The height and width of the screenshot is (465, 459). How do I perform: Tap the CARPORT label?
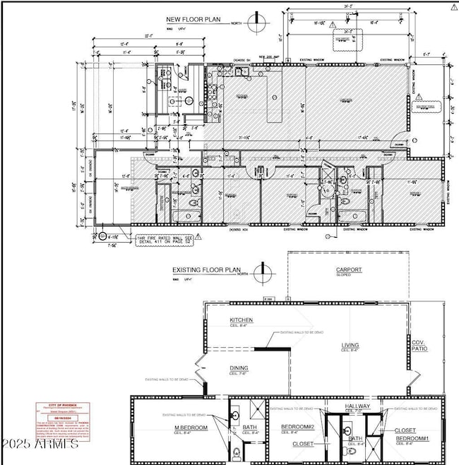(x=348, y=270)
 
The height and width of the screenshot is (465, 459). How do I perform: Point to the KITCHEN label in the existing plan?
(x=241, y=320)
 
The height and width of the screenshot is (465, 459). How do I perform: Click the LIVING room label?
(x=350, y=346)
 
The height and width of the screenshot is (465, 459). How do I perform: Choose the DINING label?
(x=239, y=368)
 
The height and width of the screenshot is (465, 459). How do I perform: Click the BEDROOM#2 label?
(x=297, y=428)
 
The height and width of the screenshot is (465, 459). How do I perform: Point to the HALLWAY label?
(x=357, y=408)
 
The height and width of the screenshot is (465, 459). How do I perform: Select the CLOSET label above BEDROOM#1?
(x=405, y=430)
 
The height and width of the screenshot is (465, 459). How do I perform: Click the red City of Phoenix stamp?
(x=63, y=422)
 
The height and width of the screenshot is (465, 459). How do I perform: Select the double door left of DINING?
(x=199, y=368)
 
